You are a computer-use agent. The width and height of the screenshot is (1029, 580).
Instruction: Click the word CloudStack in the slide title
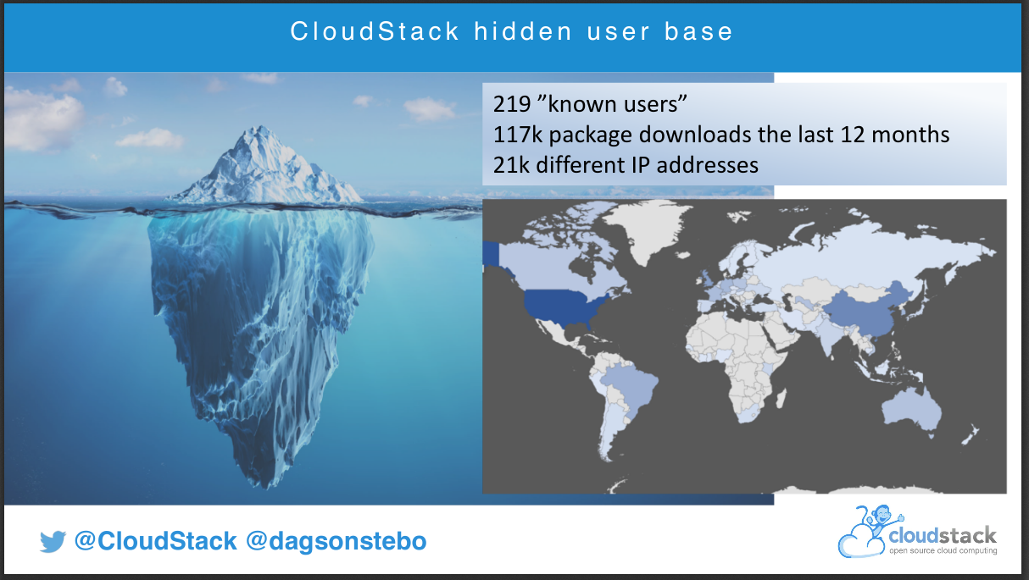375,31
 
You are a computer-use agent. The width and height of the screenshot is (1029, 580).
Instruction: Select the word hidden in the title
523,31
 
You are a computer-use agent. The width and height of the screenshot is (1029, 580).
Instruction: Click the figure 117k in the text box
518,135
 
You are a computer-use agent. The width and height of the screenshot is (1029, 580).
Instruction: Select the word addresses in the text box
707,165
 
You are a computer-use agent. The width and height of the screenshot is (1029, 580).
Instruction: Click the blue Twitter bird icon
53,541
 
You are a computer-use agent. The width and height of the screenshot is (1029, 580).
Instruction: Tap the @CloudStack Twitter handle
155,541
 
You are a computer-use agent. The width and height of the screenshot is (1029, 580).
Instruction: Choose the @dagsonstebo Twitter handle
337,541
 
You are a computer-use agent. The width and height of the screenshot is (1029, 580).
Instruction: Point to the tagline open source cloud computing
943,550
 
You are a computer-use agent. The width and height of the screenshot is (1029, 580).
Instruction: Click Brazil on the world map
628,384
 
